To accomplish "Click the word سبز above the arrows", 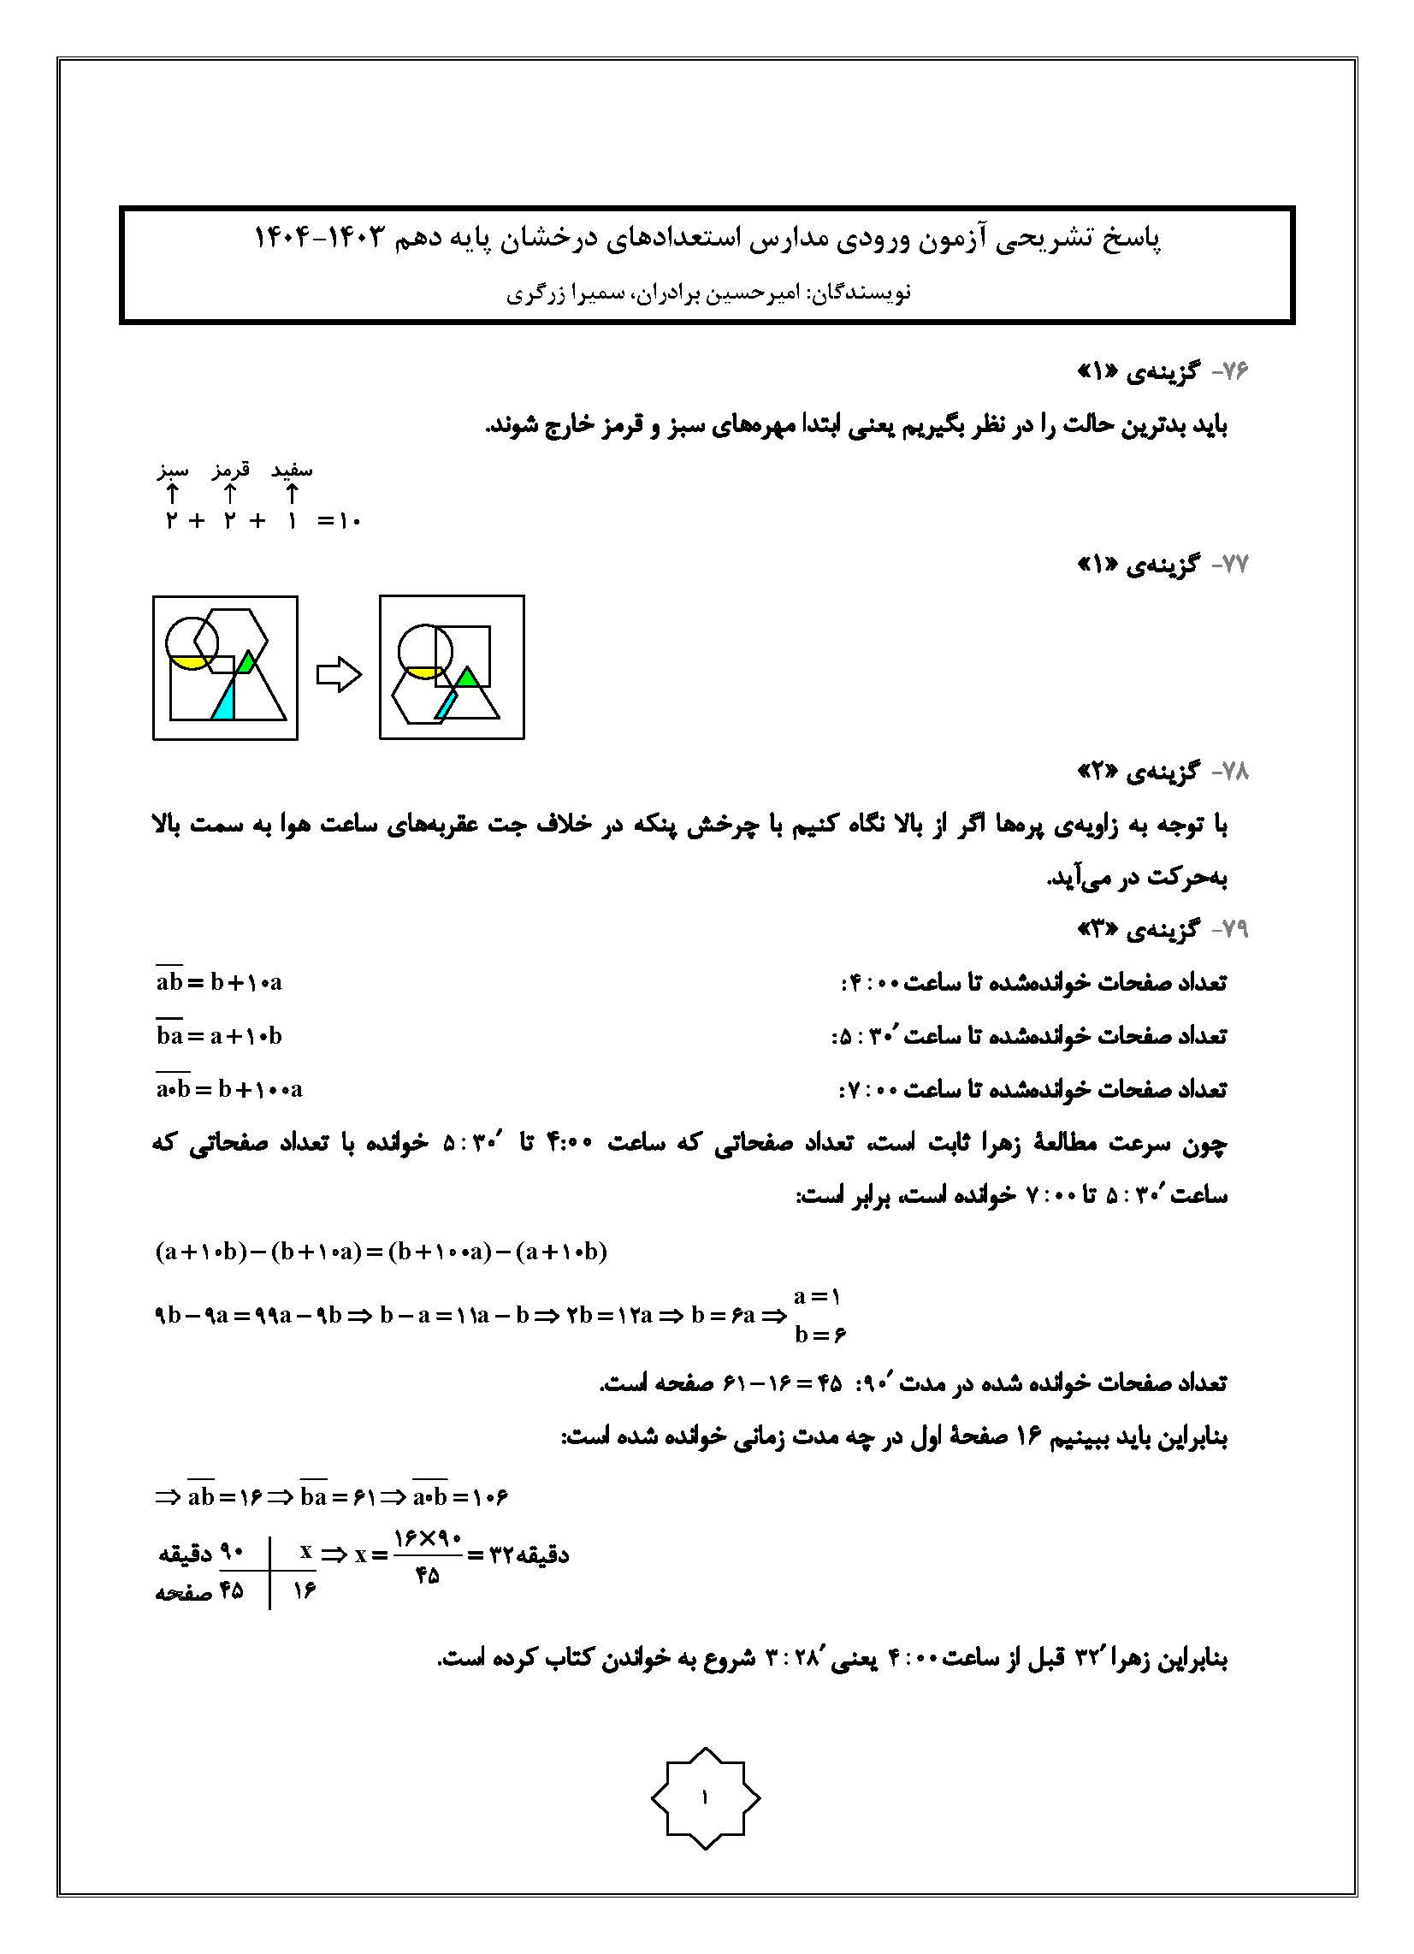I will [172, 471].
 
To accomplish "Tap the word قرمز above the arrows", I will [231, 471].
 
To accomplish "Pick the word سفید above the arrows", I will [292, 471].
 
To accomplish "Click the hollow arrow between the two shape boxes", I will [339, 675].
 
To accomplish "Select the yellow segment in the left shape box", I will [191, 662].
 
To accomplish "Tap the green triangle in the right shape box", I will [467, 678].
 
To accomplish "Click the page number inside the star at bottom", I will [705, 1797].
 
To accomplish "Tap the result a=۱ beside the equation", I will [817, 1296].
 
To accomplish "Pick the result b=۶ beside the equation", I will [819, 1335].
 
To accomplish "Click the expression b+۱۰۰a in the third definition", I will [260, 1089].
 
